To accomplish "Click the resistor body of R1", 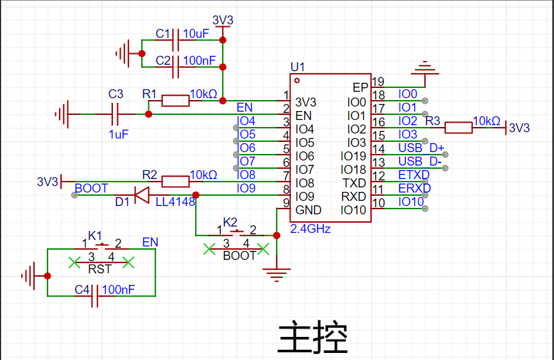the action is click(175, 101).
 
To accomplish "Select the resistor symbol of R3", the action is click(458, 128).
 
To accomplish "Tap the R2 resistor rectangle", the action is click(175, 182).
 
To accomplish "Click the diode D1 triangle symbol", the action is click(142, 195).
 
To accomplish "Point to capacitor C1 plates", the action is click(175, 40).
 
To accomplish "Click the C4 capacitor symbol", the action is click(94, 296).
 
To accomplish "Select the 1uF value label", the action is click(119, 135).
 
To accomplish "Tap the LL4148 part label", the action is click(175, 201).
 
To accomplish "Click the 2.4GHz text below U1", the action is click(311, 229).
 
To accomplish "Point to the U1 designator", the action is click(297, 67).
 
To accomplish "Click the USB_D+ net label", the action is click(421, 148).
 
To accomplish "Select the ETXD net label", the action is click(414, 175).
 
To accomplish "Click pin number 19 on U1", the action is click(378, 81).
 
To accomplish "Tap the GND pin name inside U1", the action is click(308, 210).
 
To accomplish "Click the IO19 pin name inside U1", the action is click(354, 156).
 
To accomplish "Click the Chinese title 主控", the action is click(313, 337).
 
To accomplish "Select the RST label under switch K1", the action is click(100, 270).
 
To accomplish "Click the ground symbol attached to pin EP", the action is click(425, 69).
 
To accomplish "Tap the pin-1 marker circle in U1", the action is click(297, 81).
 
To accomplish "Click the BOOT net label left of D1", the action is click(91, 188).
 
